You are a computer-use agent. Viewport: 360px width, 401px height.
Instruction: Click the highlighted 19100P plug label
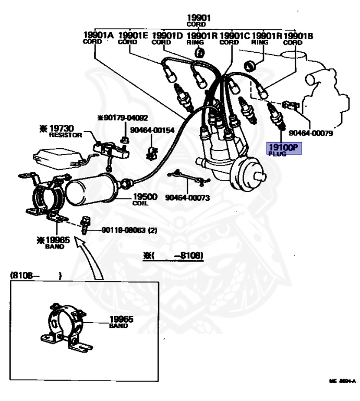(x=282, y=149)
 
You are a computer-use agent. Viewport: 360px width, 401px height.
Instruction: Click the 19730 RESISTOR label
(x=62, y=130)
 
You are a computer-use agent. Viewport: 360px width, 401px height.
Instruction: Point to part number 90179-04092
(x=123, y=118)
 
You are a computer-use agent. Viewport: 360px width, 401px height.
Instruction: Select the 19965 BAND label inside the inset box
(x=121, y=322)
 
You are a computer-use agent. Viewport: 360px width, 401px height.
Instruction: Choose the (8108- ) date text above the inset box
(x=35, y=275)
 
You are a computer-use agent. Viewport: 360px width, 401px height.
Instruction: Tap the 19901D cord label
(x=167, y=38)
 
